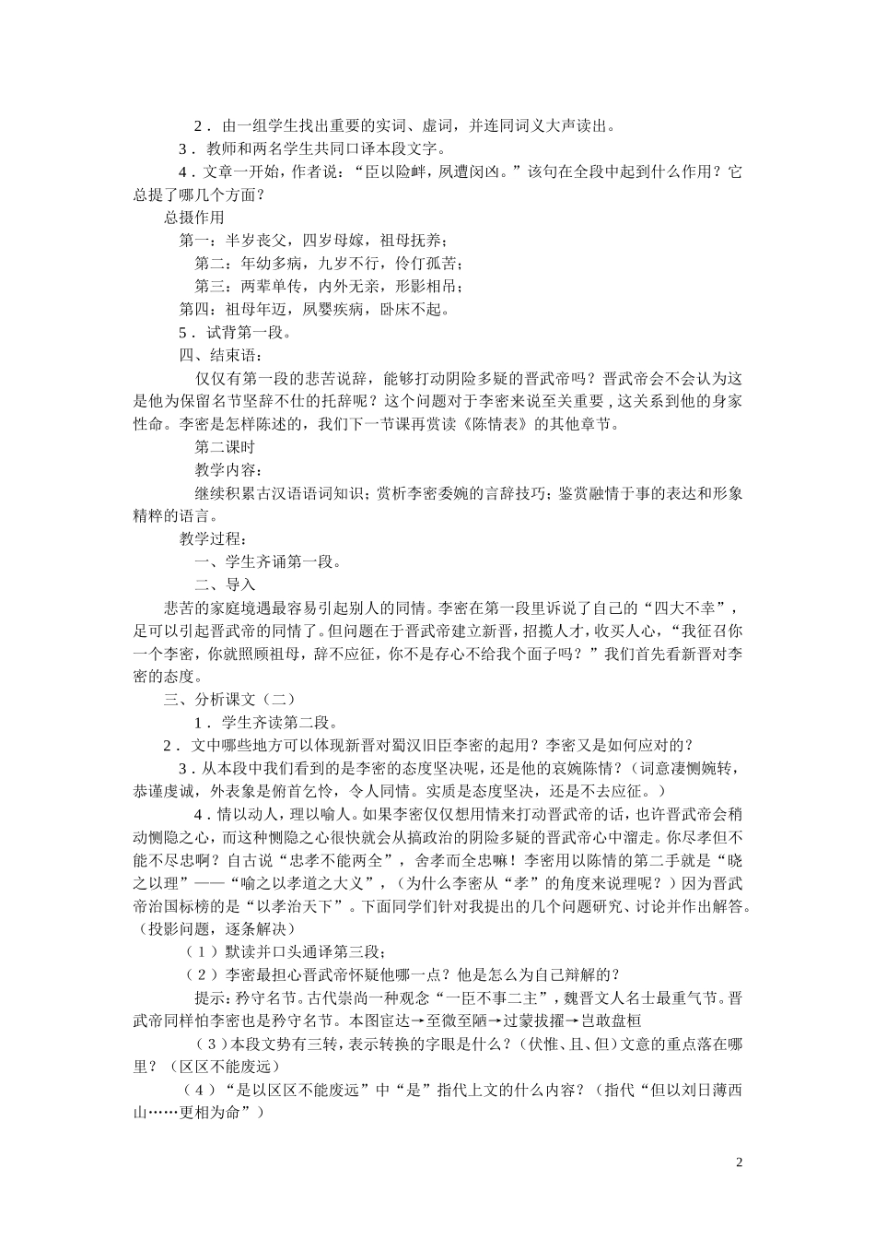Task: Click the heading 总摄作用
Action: [x=194, y=217]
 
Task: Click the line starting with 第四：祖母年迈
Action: [x=314, y=309]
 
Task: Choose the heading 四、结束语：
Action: [x=220, y=355]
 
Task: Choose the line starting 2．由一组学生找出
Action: [x=404, y=125]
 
